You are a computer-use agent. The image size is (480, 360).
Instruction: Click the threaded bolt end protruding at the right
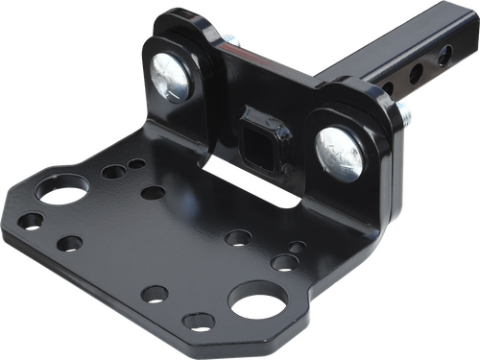point(408,117)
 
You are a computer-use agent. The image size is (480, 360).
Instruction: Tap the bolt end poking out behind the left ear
point(232,40)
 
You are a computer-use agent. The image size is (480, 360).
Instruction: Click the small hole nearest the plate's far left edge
point(32,221)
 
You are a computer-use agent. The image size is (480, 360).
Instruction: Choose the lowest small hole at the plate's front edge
point(199,322)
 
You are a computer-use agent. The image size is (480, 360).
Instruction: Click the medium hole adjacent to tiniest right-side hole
point(284,262)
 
